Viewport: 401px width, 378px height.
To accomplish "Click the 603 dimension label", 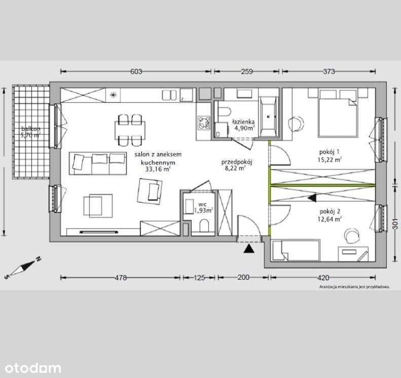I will (x=136, y=71).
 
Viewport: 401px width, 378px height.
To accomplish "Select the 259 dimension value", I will (x=246, y=71).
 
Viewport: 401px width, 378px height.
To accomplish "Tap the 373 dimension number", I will (x=329, y=71).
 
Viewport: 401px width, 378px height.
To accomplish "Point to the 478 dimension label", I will (x=120, y=277).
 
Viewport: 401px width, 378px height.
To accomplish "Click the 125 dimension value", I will (x=199, y=277).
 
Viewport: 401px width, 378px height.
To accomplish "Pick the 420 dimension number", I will (x=323, y=277).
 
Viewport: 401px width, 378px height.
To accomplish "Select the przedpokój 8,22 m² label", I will (x=237, y=166).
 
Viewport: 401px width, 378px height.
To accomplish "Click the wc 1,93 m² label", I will (x=202, y=207).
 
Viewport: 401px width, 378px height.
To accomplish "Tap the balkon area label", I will (x=31, y=133).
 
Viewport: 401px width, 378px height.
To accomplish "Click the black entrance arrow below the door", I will (x=248, y=248).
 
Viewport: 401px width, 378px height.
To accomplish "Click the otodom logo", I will (x=30, y=368).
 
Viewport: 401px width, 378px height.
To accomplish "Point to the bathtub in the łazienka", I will (x=268, y=117).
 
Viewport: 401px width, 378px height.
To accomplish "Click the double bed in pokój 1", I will (x=336, y=114).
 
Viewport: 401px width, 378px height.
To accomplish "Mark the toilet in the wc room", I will (x=205, y=226).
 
